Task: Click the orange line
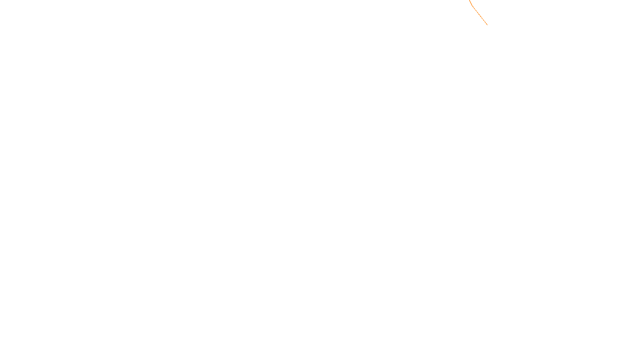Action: (480, 15)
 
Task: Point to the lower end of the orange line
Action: (487, 25)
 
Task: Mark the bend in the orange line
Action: (472, 5)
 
